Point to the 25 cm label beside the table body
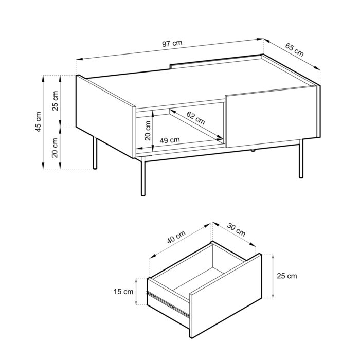click(55, 100)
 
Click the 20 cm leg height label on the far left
click(55, 149)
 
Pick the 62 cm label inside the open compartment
click(195, 118)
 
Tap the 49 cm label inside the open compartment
click(170, 140)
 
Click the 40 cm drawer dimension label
click(176, 238)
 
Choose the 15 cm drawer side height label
click(123, 292)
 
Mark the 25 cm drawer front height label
click(286, 276)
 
